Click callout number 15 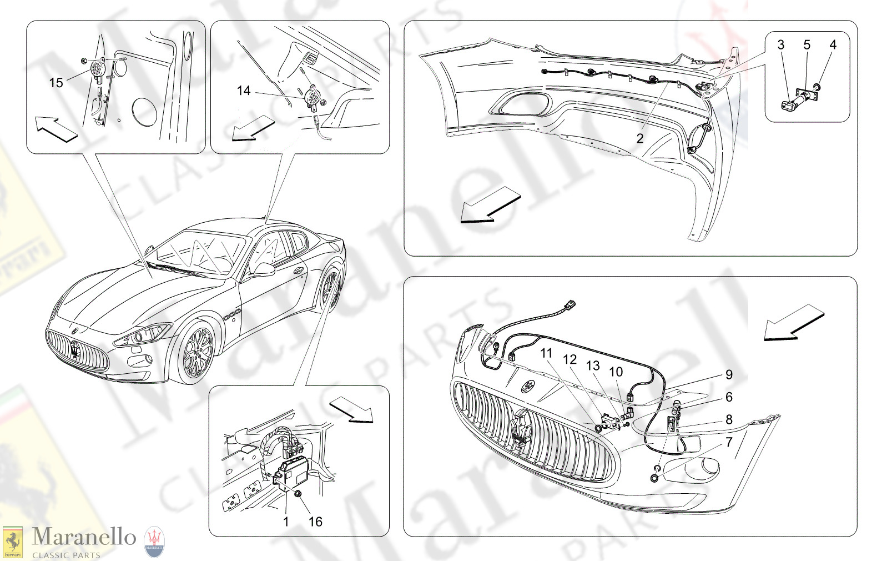[56, 83]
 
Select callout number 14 [244, 91]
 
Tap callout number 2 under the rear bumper [639, 138]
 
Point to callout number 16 [315, 522]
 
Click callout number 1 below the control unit [286, 522]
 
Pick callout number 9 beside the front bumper [729, 375]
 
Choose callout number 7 [729, 442]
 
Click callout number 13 [593, 365]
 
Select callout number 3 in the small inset [781, 45]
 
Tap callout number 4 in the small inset [833, 45]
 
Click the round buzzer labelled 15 [98, 69]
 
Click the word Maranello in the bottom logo [84, 537]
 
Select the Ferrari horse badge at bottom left [12, 542]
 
